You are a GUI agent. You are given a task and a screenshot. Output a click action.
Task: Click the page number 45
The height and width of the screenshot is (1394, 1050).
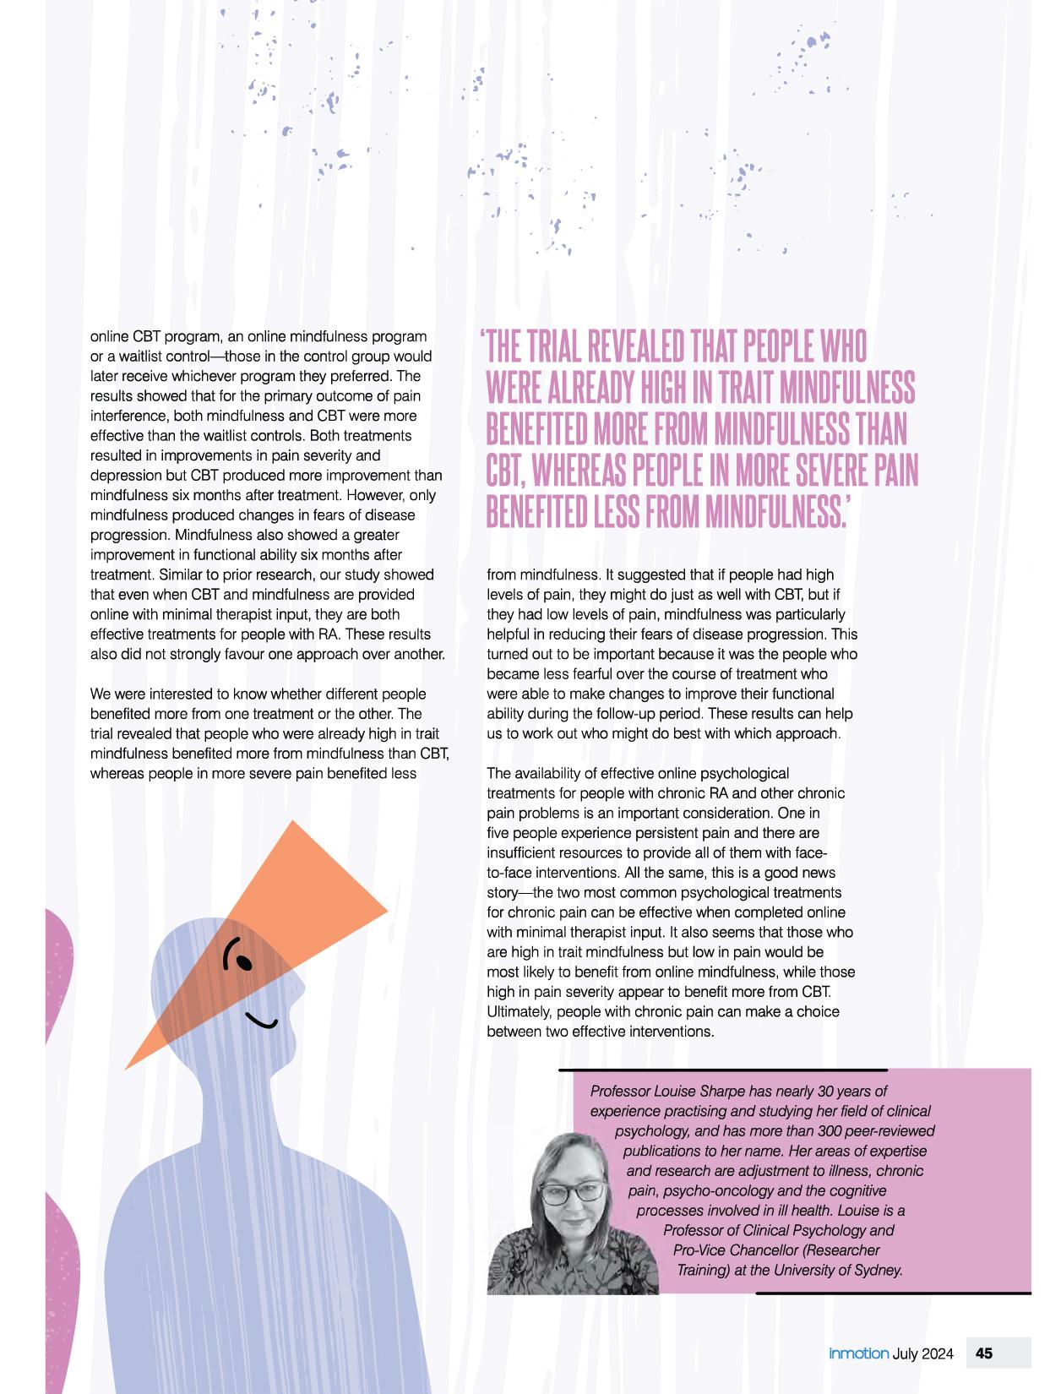coord(984,1353)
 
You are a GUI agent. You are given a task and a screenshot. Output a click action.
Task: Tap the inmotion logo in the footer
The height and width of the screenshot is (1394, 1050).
coord(858,1353)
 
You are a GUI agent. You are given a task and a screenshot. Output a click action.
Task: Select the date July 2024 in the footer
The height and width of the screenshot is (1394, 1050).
coord(923,1353)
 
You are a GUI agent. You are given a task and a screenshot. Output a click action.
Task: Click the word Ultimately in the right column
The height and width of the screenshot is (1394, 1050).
coord(518,1012)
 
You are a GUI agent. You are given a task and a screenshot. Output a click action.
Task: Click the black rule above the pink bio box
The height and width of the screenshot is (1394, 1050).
coord(722,1070)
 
